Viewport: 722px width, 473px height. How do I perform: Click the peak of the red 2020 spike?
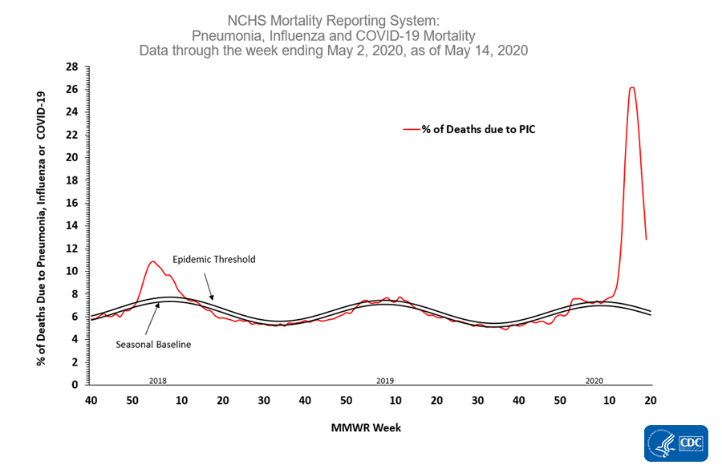pyautogui.click(x=632, y=87)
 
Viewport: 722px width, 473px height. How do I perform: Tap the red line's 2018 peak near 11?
pyautogui.click(x=152, y=261)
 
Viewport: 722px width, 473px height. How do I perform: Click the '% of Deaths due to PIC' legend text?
pyautogui.click(x=478, y=127)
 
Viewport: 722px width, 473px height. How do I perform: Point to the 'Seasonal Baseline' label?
pyautogui.click(x=152, y=344)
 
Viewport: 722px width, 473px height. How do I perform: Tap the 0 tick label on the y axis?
pyautogui.click(x=73, y=385)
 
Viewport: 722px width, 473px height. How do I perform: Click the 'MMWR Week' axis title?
pyautogui.click(x=366, y=427)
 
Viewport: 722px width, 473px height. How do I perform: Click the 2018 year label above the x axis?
pyautogui.click(x=158, y=379)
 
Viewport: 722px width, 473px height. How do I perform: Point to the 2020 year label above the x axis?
pyautogui.click(x=594, y=379)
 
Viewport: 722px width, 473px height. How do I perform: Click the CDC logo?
pyautogui.click(x=675, y=443)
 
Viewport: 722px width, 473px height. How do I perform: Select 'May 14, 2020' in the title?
pyautogui.click(x=489, y=50)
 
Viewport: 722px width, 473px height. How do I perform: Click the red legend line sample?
pyautogui.click(x=412, y=127)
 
